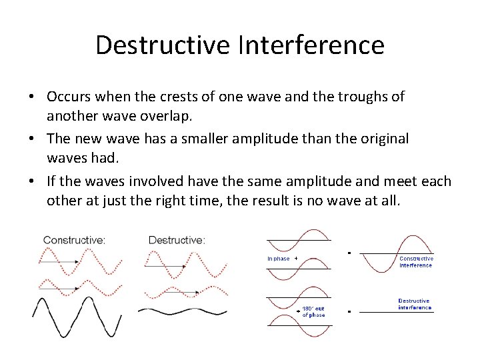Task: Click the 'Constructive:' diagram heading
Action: point(74,239)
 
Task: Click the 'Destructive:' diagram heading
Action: point(177,239)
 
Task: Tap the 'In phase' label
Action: point(278,259)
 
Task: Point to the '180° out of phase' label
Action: point(314,312)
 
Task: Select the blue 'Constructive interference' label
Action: point(416,262)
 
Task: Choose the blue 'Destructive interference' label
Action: point(414,304)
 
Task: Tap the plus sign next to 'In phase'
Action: point(295,258)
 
